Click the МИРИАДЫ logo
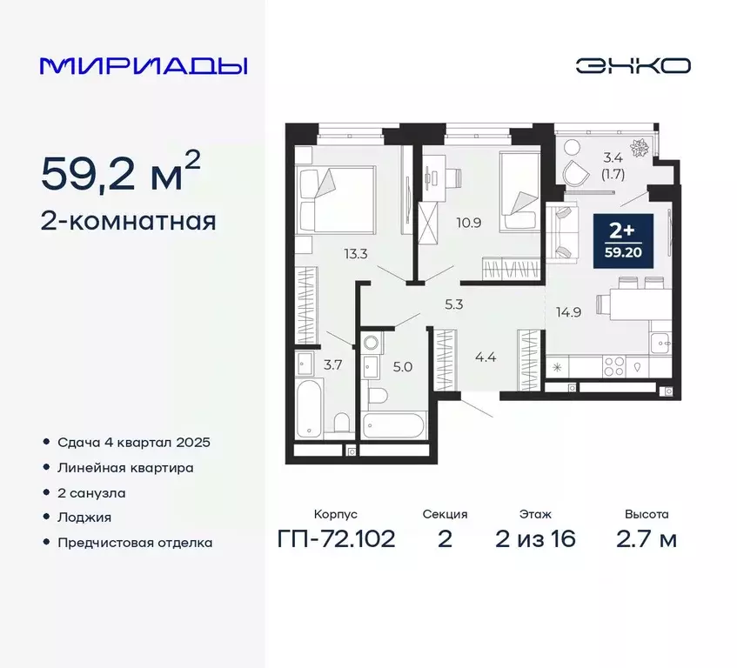click(x=144, y=65)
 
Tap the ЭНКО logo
click(x=633, y=65)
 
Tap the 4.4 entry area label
click(x=485, y=356)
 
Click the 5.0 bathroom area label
click(x=402, y=367)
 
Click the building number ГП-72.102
click(x=337, y=539)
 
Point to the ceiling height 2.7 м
click(x=646, y=539)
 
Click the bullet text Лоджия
click(x=84, y=517)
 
